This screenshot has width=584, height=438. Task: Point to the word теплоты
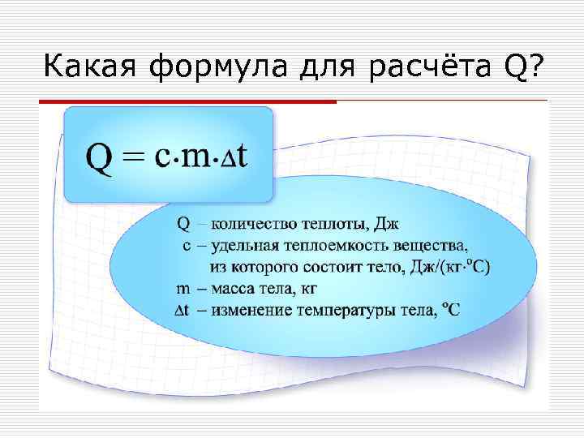click(x=333, y=223)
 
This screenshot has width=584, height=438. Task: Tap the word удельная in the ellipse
click(x=243, y=244)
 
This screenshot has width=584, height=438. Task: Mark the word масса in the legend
click(x=230, y=288)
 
